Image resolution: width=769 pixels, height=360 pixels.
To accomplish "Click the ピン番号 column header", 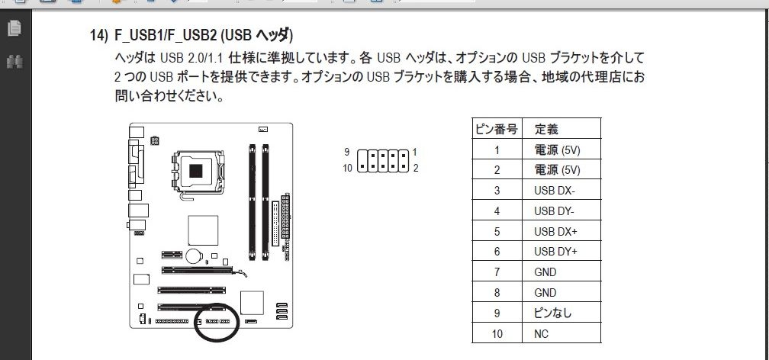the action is click(x=497, y=129).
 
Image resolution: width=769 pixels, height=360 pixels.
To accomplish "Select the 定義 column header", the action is click(x=546, y=129).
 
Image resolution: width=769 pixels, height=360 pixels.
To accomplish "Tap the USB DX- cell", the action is click(x=554, y=191).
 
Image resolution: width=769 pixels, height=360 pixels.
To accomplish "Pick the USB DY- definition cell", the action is click(x=554, y=211).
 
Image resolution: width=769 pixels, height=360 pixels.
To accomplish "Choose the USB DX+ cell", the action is click(x=555, y=232).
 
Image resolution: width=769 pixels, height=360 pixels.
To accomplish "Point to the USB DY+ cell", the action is click(x=555, y=252).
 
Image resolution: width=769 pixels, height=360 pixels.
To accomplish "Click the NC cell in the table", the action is click(x=542, y=334).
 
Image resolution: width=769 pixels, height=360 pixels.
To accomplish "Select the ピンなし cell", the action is click(x=552, y=313).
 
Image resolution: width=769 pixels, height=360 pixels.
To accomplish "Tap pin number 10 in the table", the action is click(x=497, y=334).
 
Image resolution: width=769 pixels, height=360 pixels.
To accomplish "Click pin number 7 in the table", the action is click(x=497, y=272).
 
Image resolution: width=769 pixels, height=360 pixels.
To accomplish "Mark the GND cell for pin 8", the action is click(x=545, y=293).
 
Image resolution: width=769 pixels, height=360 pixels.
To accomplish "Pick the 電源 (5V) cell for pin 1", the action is click(x=557, y=149).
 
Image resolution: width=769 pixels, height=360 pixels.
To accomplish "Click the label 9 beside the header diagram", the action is click(x=346, y=152).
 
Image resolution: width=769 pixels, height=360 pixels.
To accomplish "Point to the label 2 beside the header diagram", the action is click(x=415, y=169).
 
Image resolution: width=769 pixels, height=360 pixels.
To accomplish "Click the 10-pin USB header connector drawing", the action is click(x=382, y=161).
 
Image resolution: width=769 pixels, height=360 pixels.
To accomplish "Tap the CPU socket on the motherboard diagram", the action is click(x=197, y=172).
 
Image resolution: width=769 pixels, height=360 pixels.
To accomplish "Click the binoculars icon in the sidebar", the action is click(x=14, y=62).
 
